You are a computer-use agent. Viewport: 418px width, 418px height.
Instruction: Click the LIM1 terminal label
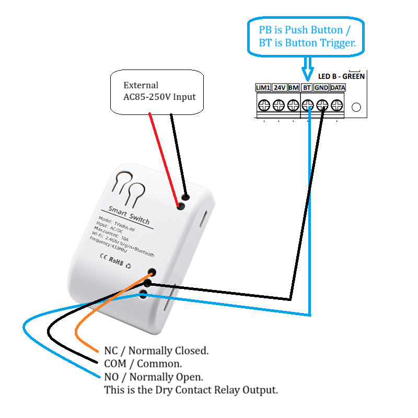[263, 87]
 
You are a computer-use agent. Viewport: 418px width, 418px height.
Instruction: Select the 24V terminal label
[280, 87]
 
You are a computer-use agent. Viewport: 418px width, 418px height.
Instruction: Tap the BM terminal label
[294, 87]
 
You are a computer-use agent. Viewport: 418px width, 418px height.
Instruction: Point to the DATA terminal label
[338, 87]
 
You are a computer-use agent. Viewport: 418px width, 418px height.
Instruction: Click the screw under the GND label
[323, 104]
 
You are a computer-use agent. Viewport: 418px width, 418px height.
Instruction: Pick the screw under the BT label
[308, 104]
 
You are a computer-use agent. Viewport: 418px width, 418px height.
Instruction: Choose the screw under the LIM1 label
[264, 104]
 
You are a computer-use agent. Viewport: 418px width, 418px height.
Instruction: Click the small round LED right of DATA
[356, 107]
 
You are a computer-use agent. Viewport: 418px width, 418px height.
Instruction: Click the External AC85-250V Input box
[157, 91]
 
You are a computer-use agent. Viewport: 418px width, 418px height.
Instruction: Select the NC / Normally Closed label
[156, 351]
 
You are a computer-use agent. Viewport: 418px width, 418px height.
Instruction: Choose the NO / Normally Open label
[154, 377]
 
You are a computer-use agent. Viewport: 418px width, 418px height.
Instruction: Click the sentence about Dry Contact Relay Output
[191, 390]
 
